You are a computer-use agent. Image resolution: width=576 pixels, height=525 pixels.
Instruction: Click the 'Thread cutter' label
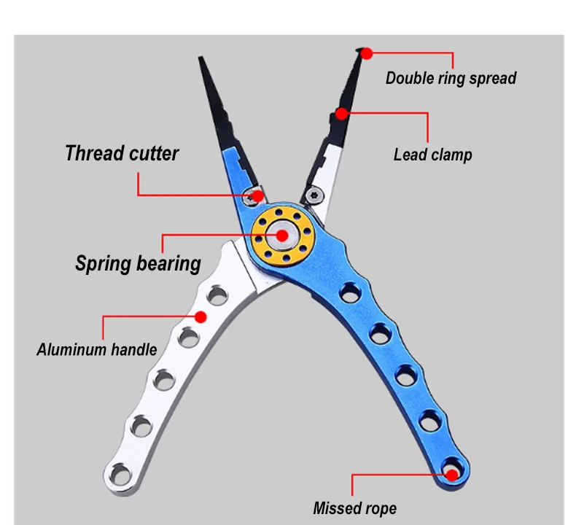pos(122,154)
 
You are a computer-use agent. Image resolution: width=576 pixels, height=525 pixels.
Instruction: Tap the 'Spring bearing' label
pos(138,263)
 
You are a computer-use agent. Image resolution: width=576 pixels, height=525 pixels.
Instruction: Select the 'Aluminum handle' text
pos(96,349)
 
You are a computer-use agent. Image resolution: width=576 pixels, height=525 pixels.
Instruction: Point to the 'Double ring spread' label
pos(451,78)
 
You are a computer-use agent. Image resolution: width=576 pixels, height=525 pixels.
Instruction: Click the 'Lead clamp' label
pos(432,155)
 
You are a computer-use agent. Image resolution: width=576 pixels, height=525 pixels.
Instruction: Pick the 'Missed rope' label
pos(355,508)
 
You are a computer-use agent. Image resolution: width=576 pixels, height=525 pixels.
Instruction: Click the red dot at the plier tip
pos(367,52)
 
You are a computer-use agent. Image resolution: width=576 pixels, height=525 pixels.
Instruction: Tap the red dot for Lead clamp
pos(340,113)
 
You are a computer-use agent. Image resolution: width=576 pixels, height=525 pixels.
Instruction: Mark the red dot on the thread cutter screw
pos(258,195)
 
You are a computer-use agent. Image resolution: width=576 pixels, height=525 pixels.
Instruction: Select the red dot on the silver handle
pos(199,316)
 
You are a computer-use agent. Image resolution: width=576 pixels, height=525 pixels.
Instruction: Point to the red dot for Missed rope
pos(452,475)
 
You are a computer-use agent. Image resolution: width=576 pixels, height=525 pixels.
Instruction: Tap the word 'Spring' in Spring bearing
pos(102,263)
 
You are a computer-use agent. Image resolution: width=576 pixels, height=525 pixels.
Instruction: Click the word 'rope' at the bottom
pos(380,508)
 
